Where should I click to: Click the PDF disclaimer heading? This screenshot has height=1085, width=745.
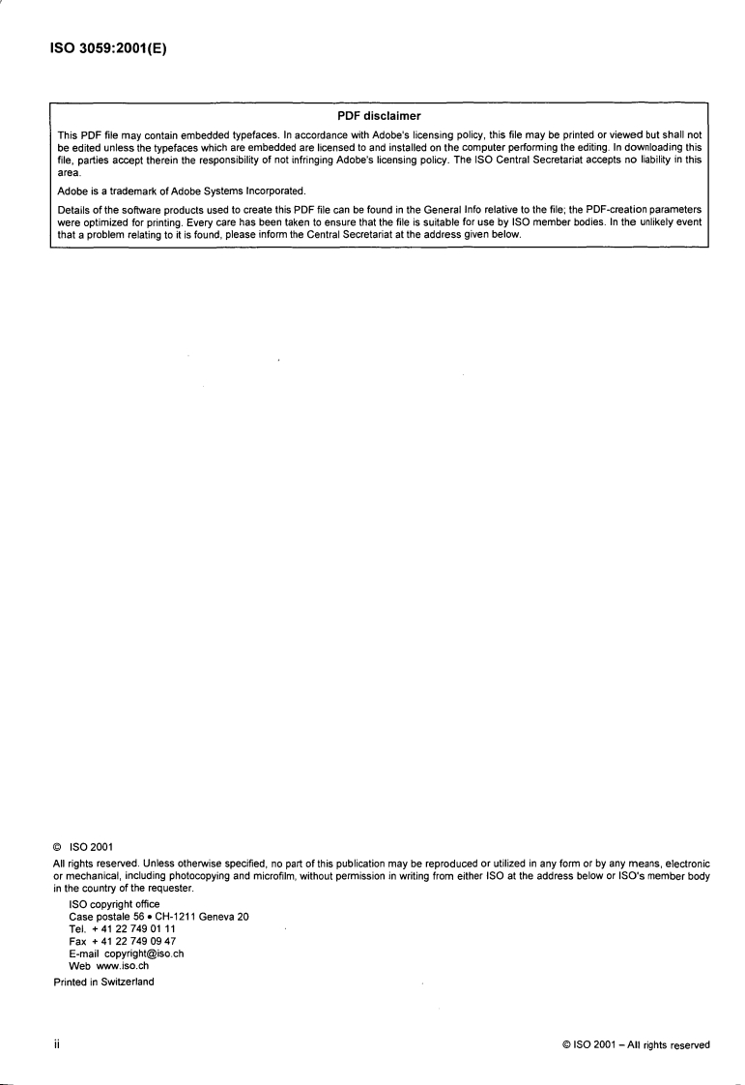click(379, 116)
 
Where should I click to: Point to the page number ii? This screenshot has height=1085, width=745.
click(57, 1044)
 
